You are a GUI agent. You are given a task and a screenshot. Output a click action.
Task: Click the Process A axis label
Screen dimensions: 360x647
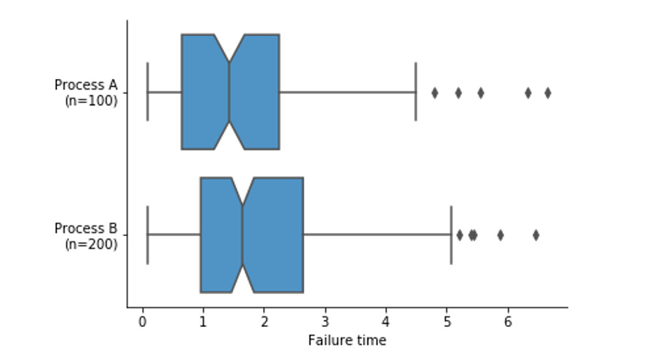tap(86, 84)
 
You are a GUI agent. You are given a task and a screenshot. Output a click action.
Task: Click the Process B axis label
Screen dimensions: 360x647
tap(86, 228)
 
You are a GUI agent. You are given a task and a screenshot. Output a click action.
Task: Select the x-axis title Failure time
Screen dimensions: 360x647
tap(347, 340)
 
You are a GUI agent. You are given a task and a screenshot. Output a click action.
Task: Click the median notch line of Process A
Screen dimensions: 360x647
tap(229, 92)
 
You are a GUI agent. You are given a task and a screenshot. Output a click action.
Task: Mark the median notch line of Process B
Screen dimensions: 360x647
tap(243, 234)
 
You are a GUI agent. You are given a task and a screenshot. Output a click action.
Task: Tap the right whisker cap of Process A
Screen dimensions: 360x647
tap(416, 92)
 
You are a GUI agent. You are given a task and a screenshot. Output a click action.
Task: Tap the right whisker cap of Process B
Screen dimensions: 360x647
tap(451, 234)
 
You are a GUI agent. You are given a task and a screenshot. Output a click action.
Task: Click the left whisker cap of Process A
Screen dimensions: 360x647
tap(147, 92)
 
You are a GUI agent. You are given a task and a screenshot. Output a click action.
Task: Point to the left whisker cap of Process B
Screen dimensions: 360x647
tap(147, 234)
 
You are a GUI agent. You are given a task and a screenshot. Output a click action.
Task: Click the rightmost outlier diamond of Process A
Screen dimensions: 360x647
tap(548, 92)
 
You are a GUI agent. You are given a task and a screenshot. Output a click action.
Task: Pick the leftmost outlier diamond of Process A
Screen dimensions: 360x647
tap(434, 92)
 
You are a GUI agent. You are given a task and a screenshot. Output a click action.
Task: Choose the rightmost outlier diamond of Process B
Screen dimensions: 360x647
tap(536, 235)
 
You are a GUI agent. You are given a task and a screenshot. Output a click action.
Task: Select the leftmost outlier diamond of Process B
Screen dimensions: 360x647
tap(460, 235)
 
